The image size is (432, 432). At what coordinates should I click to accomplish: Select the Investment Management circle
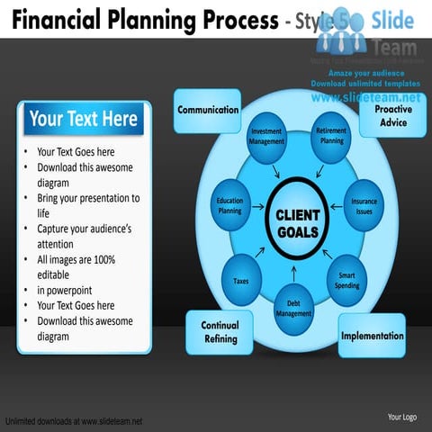coord(266,137)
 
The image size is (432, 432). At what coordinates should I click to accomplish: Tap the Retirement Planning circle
coord(332,136)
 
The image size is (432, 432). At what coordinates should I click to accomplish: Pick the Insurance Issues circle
coord(364,206)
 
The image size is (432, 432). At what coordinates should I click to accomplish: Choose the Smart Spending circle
coord(346,279)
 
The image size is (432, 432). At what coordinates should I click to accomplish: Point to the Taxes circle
coord(241,281)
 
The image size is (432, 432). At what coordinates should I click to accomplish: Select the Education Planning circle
coord(230,206)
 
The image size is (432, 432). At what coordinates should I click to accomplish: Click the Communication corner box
coord(208,110)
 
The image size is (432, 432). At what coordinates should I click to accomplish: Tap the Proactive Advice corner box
coord(393,115)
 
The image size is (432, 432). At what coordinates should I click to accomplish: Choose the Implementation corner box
coord(372,336)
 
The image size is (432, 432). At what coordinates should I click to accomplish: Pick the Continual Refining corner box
coord(220,332)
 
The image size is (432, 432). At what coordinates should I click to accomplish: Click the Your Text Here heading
coord(84,119)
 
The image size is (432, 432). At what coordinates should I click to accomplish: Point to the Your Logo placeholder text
coord(401,417)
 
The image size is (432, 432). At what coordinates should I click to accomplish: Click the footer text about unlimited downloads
coord(74,421)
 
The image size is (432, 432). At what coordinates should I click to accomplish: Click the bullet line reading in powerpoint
coord(64,290)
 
